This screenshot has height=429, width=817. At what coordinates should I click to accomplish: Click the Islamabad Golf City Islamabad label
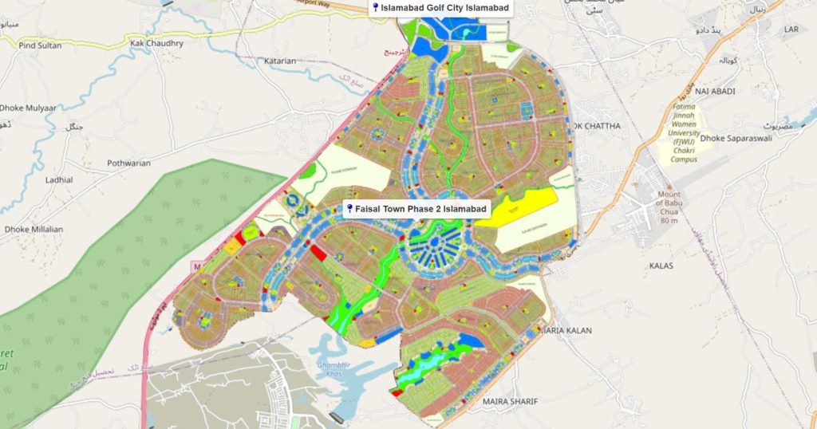click(444, 8)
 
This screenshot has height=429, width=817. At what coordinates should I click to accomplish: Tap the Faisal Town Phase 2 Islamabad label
click(421, 209)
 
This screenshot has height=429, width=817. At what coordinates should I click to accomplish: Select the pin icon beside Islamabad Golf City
click(376, 8)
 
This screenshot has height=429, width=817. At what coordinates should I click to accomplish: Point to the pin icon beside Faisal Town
click(349, 209)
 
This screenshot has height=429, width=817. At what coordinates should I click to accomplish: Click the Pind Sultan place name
click(40, 45)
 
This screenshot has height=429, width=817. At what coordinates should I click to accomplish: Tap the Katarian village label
click(280, 61)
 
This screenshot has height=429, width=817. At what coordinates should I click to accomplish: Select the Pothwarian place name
click(128, 163)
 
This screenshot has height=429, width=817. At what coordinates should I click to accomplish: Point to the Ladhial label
click(59, 180)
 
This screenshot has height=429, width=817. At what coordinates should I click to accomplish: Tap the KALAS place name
click(661, 265)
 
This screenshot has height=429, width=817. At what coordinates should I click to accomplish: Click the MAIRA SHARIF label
click(511, 401)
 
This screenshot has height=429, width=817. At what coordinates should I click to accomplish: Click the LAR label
click(791, 30)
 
